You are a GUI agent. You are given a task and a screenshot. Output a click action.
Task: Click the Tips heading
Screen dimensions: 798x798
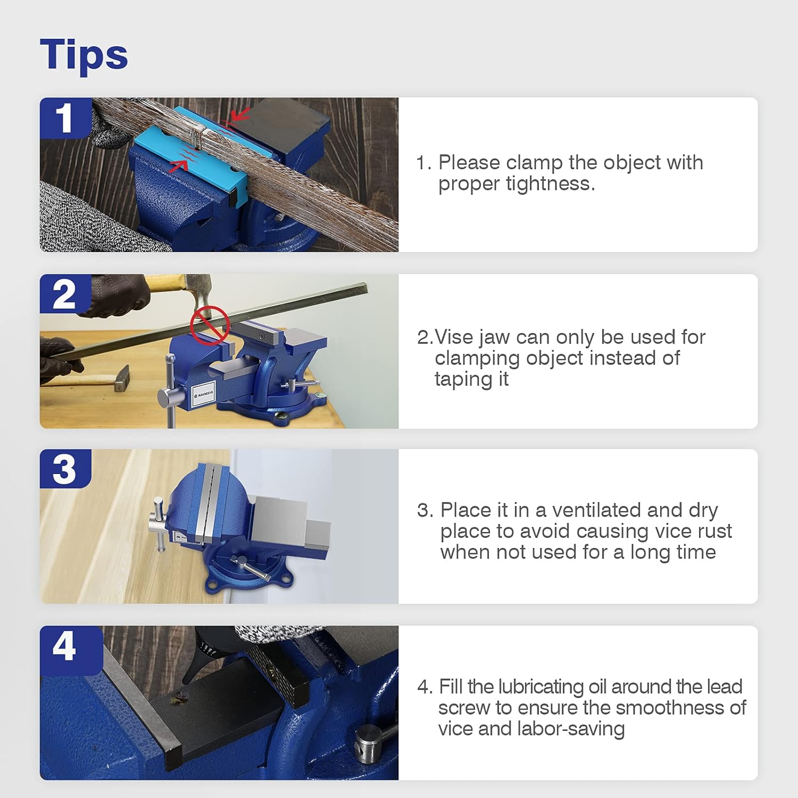(84, 54)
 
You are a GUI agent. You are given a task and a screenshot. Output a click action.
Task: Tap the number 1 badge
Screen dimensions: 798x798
(64, 118)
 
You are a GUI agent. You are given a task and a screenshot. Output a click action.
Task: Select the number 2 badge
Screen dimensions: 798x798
(64, 294)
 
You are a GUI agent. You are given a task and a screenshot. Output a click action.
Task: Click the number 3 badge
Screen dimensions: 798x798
(64, 469)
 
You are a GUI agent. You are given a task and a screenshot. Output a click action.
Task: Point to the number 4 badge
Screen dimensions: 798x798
(64, 646)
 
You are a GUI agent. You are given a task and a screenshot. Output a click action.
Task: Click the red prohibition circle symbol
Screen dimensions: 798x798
(210, 325)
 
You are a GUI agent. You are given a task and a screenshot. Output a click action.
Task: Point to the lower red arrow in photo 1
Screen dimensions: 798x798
(179, 167)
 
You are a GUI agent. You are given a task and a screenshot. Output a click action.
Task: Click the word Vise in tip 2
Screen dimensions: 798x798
(454, 337)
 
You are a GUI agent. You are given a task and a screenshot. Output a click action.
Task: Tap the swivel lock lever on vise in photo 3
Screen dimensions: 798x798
(250, 568)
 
